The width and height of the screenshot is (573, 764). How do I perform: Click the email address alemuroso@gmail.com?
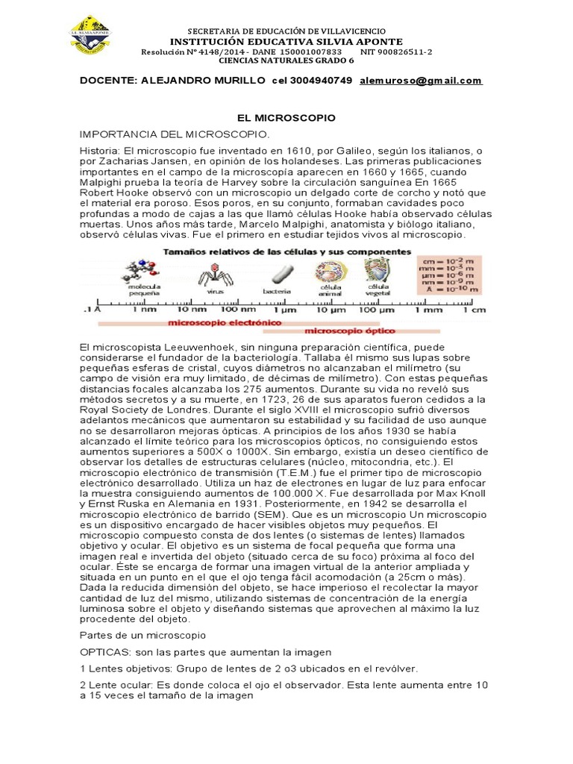click(421, 81)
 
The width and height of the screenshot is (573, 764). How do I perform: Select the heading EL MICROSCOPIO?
click(286, 118)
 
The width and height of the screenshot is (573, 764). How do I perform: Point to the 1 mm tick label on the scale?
click(428, 309)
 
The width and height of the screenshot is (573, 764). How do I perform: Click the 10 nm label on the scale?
click(192, 309)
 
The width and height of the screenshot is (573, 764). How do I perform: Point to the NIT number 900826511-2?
click(396, 51)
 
